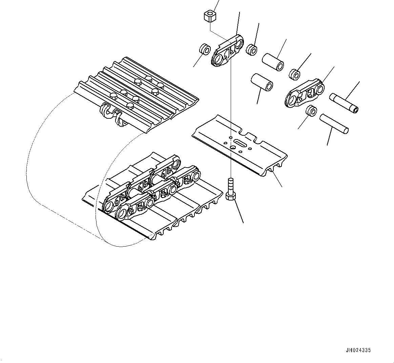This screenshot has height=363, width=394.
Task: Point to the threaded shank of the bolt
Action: click(x=230, y=184)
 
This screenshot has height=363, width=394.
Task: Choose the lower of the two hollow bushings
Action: click(x=262, y=82)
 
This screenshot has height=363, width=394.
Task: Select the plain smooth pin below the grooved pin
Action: click(x=334, y=124)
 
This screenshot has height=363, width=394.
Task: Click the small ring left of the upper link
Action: click(x=204, y=49)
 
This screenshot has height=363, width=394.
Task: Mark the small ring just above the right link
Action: click(x=294, y=74)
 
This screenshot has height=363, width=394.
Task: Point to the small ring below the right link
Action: click(x=311, y=111)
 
